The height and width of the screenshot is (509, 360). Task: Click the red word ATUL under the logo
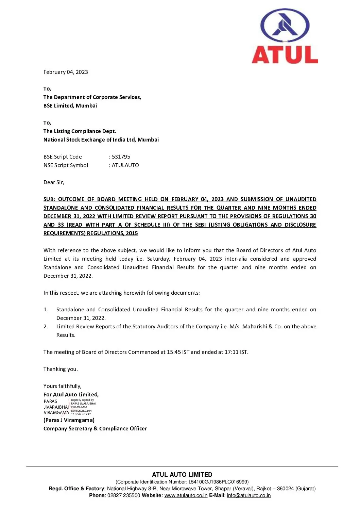[x=285, y=54]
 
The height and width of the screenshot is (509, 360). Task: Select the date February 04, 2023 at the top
[x=66, y=72]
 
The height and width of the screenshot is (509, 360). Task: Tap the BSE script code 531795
[x=121, y=157]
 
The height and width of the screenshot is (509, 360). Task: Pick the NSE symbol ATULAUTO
[x=125, y=165]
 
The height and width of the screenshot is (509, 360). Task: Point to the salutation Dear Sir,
[x=54, y=182]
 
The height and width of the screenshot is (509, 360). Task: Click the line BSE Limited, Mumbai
[x=70, y=106]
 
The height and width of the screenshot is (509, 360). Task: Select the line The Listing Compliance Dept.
[x=80, y=131]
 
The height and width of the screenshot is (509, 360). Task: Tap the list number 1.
[x=46, y=310]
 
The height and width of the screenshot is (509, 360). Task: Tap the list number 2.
[x=46, y=327]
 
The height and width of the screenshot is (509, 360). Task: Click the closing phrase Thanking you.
[x=61, y=369]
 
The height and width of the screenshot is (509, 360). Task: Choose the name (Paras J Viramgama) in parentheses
[x=69, y=420]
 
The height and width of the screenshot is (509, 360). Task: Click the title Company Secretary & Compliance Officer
[x=95, y=429]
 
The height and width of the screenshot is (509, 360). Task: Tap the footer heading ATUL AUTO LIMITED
[x=182, y=475]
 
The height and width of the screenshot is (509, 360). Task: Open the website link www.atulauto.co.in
[x=186, y=495]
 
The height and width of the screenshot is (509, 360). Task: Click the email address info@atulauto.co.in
[x=249, y=495]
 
